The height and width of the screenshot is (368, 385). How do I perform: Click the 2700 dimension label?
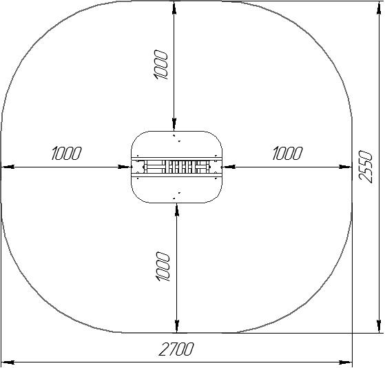[176, 349]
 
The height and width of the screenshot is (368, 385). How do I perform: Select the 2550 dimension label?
[365, 166]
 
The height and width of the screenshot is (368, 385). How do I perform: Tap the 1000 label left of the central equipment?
[66, 153]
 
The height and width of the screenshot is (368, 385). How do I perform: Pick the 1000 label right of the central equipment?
[287, 153]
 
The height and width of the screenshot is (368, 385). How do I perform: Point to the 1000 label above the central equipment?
[161, 64]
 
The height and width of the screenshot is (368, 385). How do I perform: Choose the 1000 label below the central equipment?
[163, 266]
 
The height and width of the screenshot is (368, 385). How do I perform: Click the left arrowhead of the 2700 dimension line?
[8, 362]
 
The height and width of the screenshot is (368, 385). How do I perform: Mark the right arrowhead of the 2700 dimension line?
[346, 362]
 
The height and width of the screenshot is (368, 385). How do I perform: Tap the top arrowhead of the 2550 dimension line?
[379, 8]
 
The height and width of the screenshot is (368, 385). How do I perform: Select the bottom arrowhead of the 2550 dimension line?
[379, 327]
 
